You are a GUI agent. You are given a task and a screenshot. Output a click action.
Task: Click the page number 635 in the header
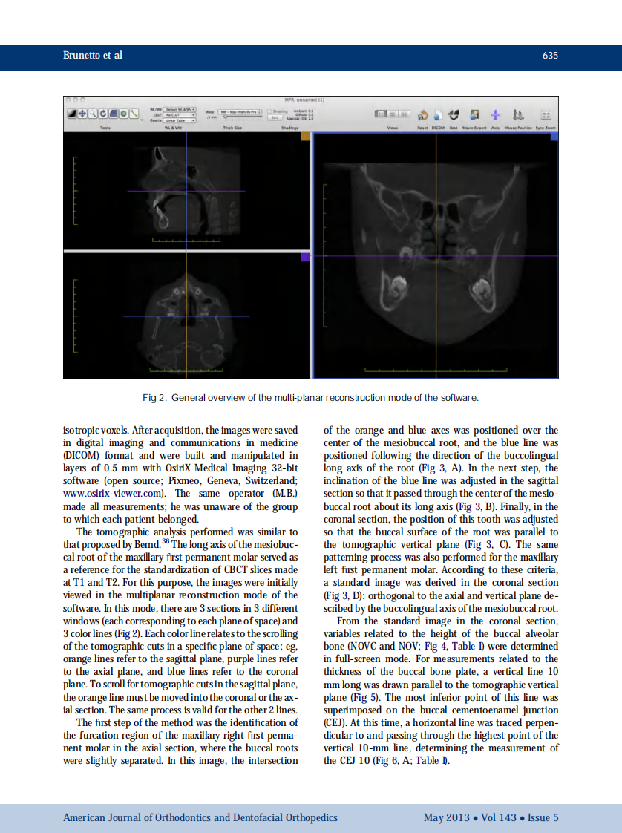[x=550, y=56]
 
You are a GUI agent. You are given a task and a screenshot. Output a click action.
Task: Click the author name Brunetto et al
[x=93, y=56]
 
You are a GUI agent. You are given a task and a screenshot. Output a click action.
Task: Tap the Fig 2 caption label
[x=154, y=398]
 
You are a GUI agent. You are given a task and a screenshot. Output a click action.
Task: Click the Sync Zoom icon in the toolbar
[x=546, y=115]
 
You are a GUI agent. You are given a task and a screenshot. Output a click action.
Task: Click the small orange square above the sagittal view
[x=304, y=137]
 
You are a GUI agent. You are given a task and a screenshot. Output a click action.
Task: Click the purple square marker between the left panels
[x=305, y=257]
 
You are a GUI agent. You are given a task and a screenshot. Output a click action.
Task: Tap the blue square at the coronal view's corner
[x=554, y=137]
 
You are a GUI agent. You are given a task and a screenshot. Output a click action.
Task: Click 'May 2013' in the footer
[x=446, y=817]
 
